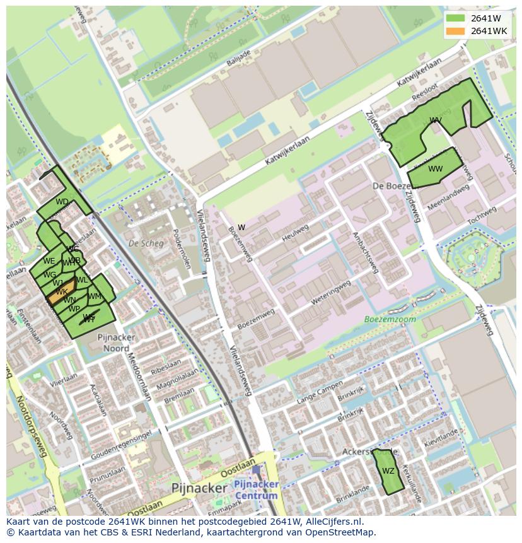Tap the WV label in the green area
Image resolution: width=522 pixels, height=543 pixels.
click(435, 120)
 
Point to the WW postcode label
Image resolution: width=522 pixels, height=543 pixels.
click(435, 169)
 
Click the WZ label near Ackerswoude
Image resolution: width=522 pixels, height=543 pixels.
click(388, 471)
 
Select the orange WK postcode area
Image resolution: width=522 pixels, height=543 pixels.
click(61, 293)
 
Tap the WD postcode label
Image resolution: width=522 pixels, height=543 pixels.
click(62, 202)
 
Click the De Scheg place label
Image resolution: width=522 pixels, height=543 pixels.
click(142, 243)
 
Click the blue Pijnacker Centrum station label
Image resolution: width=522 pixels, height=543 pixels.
click(255, 489)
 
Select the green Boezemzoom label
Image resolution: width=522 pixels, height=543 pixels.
click(390, 320)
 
